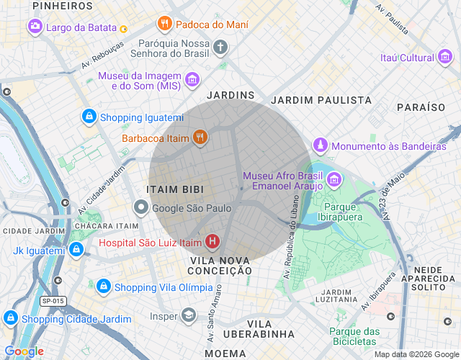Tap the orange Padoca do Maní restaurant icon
pos(165,23)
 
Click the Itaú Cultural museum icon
pos(445,58)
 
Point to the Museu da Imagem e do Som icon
pos(192,79)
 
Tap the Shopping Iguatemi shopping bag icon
pos(89,117)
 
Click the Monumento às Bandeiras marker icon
pos(321,146)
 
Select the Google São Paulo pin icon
pos(141,208)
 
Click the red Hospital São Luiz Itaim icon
pos(212,243)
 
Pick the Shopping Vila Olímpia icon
pos(103,287)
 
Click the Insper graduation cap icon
pos(188,315)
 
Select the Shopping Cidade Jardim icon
pos(11,318)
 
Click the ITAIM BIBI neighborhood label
pos(175,189)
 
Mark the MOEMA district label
pos(225,354)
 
